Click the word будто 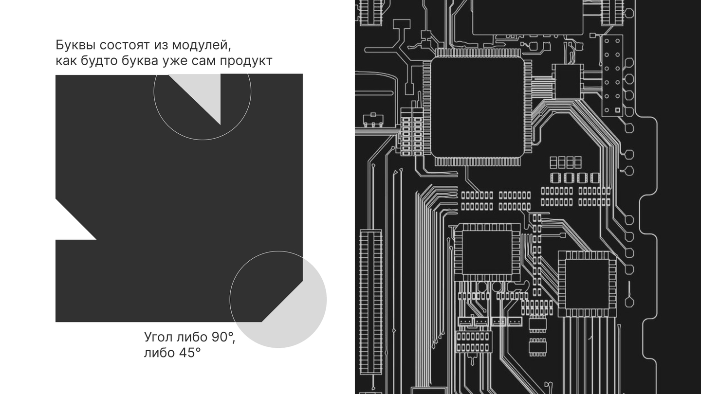[90, 61]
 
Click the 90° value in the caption [223, 337]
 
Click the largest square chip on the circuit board [476, 108]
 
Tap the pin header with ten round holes [612, 75]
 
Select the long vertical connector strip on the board [370, 302]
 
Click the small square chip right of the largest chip [568, 81]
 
